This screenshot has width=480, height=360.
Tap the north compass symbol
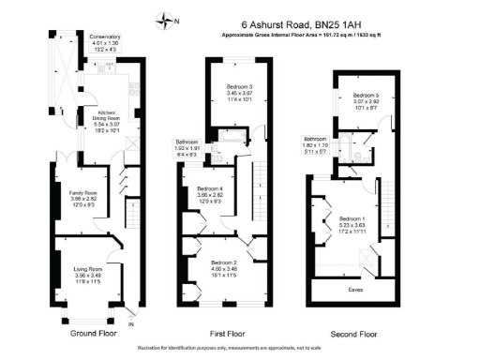coord(168,19)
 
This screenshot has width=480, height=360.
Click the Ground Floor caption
coord(94,333)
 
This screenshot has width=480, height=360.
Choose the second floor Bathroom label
coord(327,142)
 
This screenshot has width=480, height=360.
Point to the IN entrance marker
coord(130,324)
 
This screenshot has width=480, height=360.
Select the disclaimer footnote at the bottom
coord(240,349)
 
